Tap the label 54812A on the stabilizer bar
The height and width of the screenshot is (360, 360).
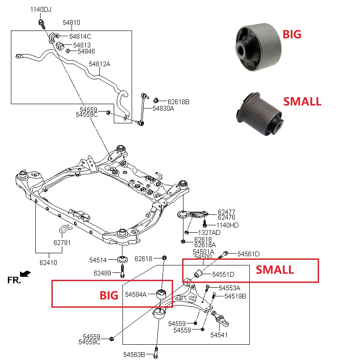100,64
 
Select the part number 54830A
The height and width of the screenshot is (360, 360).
163,108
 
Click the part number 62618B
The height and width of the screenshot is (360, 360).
178,102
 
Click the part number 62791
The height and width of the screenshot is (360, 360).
62,242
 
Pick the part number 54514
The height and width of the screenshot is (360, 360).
98,260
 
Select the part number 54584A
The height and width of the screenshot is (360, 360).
136,295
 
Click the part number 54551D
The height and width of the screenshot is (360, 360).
223,274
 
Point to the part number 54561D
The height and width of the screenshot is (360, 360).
248,254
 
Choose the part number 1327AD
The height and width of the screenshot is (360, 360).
209,232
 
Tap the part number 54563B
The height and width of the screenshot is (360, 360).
134,354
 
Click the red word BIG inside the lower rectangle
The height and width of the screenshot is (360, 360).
109,295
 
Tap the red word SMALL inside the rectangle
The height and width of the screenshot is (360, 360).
274,270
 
